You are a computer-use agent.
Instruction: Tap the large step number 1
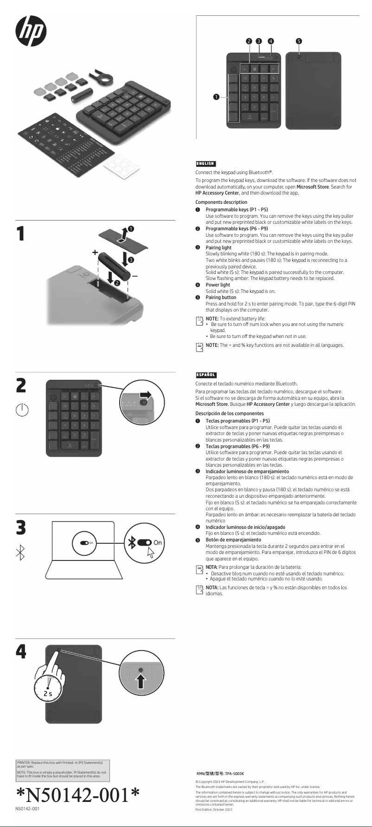(20, 234)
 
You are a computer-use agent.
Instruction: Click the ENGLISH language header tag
(205, 163)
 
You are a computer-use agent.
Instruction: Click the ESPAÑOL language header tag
(206, 375)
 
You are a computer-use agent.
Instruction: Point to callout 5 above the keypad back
(299, 41)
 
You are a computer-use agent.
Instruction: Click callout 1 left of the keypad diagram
(216, 97)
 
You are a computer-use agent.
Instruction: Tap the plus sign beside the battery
(95, 253)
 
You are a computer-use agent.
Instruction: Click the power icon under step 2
(22, 410)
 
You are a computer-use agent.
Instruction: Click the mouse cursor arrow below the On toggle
(150, 552)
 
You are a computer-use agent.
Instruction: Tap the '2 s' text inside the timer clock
(48, 693)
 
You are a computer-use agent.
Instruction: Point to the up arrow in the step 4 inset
(141, 681)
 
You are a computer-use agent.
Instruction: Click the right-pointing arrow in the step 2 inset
(146, 394)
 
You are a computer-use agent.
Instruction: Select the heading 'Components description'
(221, 202)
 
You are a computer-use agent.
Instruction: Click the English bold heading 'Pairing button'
(221, 297)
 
